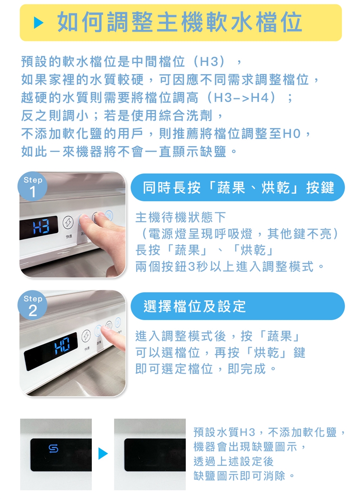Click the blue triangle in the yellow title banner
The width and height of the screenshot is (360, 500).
click(x=38, y=23)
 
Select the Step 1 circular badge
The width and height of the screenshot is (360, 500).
click(x=32, y=186)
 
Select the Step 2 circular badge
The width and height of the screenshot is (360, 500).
click(x=32, y=305)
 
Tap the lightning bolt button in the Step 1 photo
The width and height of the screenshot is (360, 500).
click(x=68, y=222)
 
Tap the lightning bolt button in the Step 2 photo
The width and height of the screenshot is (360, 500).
click(x=86, y=336)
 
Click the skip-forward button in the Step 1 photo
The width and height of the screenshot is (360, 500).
click(x=109, y=216)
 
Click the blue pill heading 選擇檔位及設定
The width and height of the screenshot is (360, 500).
click(x=237, y=306)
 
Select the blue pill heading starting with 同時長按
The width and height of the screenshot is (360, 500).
click(x=237, y=187)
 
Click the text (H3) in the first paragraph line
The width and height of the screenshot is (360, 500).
click(x=209, y=62)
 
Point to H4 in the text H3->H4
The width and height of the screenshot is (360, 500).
click(x=259, y=98)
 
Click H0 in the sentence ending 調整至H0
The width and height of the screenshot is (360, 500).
click(x=292, y=134)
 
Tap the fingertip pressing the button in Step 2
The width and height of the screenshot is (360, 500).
click(x=105, y=329)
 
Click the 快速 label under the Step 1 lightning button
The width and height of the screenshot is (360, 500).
click(x=69, y=236)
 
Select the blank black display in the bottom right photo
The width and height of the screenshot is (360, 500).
click(x=155, y=455)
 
